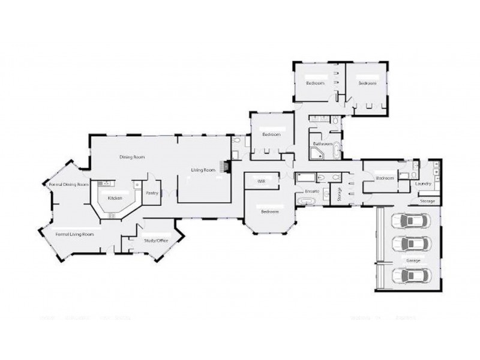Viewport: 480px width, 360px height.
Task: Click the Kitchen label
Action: coord(115,197)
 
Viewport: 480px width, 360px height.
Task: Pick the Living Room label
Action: coord(203,170)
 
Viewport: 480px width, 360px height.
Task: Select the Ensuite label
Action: coord(311,191)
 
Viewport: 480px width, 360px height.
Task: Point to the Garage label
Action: coord(413,261)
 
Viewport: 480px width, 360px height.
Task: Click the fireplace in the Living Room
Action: coord(226,166)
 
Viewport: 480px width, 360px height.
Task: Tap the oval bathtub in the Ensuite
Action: coord(307,202)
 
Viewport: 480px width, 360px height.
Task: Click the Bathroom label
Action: coord(323,144)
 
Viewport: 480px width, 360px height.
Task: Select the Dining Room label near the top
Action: coord(132,157)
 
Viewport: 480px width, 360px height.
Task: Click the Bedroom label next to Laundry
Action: coord(385,178)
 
